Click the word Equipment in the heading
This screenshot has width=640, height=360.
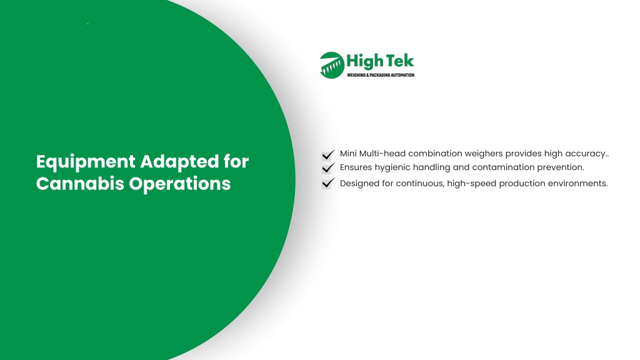pyautogui.click(x=86, y=162)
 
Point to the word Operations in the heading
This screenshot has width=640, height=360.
pyautogui.click(x=180, y=184)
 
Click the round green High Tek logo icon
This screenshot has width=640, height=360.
pyautogui.click(x=332, y=65)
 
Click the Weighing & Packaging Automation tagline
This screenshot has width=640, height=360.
pyautogui.click(x=381, y=75)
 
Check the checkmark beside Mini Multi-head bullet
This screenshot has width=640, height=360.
pyautogui.click(x=327, y=155)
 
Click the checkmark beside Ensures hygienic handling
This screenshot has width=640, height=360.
pyautogui.click(x=327, y=168)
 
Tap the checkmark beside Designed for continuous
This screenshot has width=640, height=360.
pyautogui.click(x=327, y=183)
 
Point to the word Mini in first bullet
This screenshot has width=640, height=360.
pyautogui.click(x=348, y=154)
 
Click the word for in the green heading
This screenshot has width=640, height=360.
pyautogui.click(x=236, y=162)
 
